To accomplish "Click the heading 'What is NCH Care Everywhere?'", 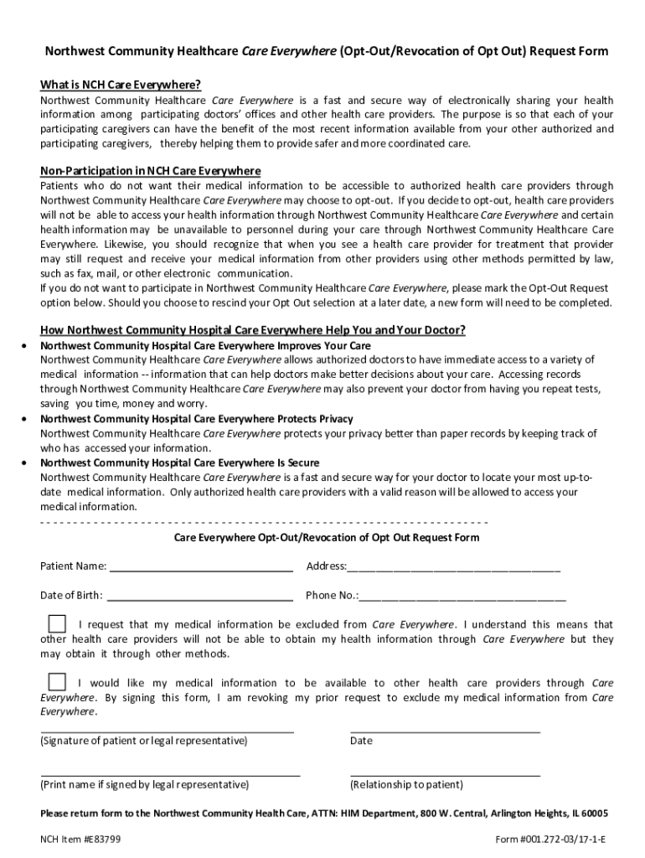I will [121, 85].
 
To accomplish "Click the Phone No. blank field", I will [462, 598].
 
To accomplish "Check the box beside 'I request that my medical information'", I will [57, 624].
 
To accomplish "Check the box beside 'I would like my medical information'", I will [57, 682].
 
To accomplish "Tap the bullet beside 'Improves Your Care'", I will [29, 346].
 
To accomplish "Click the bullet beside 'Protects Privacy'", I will [29, 419].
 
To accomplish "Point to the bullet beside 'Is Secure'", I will [29, 463].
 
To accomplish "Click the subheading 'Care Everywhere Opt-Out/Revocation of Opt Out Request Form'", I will [327, 537].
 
